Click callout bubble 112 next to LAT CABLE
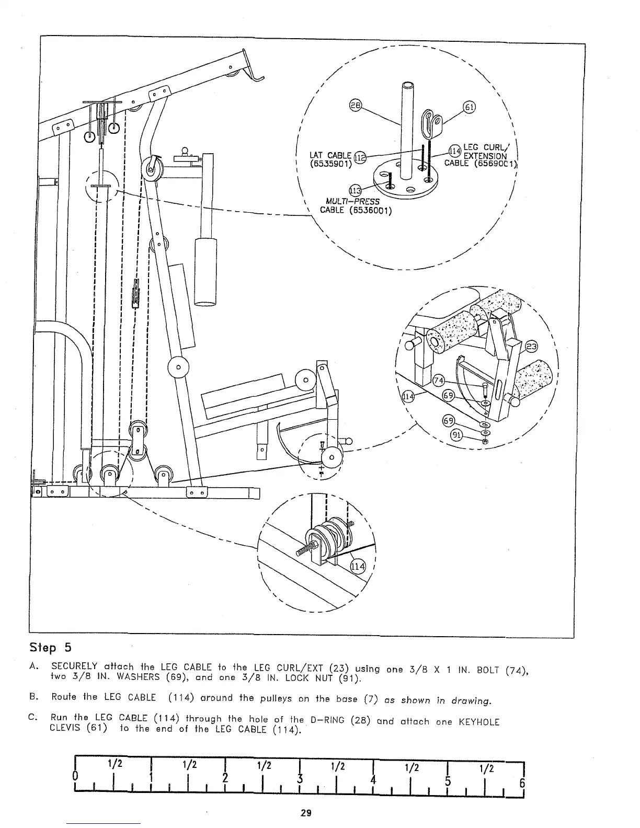click(x=360, y=156)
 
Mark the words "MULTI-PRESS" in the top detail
click(x=352, y=202)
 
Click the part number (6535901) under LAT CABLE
click(x=330, y=163)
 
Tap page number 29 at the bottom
click(x=306, y=813)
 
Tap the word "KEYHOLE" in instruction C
click(x=479, y=722)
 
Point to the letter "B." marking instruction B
click(x=34, y=697)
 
